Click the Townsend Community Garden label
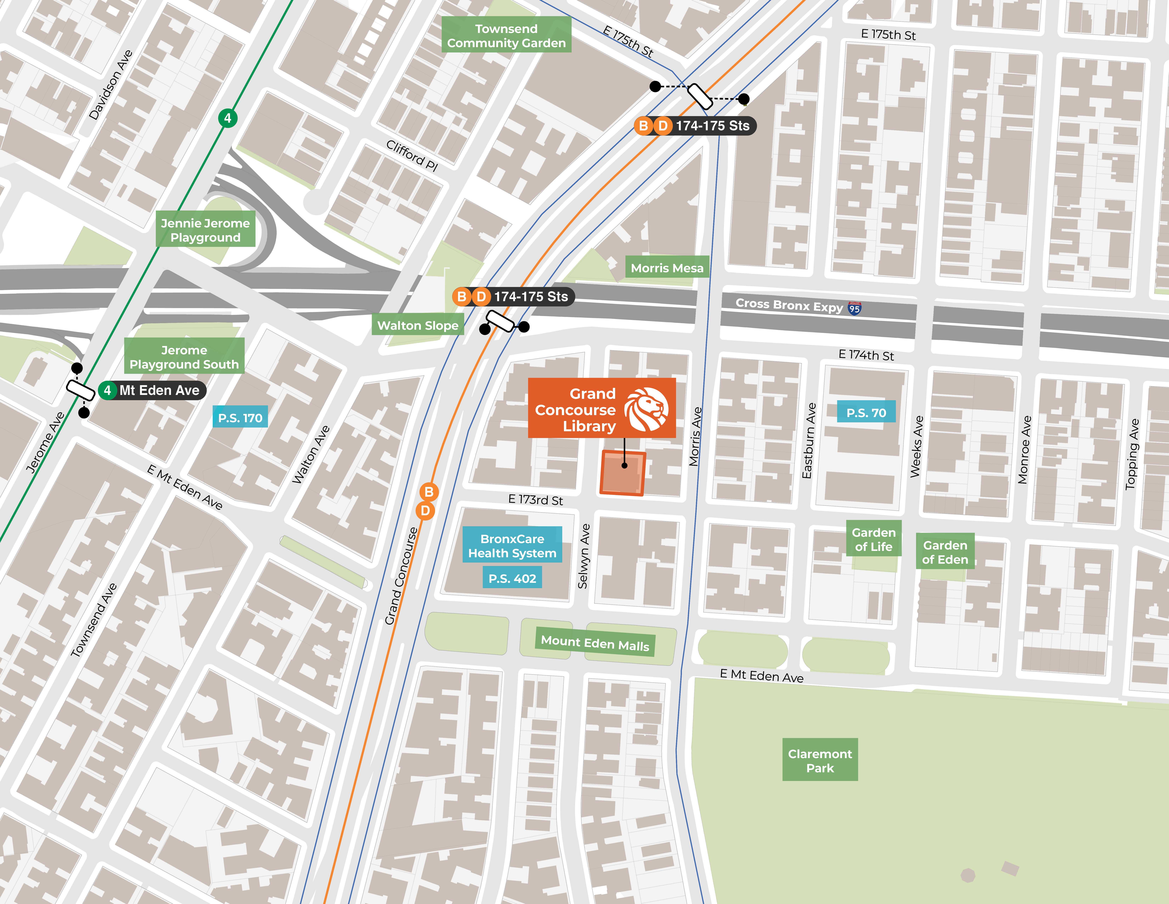pos(506,35)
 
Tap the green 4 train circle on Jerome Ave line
pos(227,118)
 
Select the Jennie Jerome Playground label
pos(205,230)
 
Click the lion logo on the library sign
pos(648,410)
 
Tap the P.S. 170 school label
pos(240,418)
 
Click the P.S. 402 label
pos(512,578)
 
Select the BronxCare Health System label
pos(512,546)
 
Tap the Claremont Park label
pos(820,760)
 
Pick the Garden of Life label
pos(874,539)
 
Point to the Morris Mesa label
pos(667,268)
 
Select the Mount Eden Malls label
pos(595,643)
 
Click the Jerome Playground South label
pos(184,357)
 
